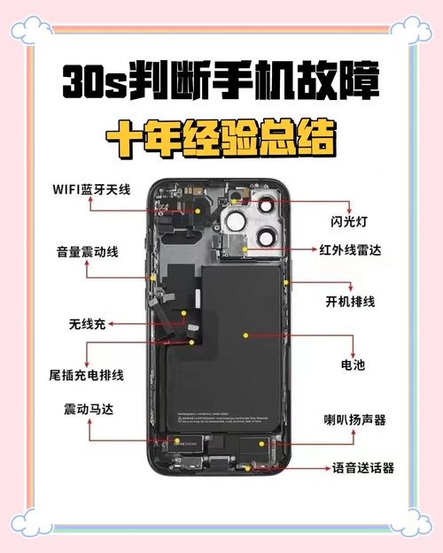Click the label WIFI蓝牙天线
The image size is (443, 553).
coord(90,188)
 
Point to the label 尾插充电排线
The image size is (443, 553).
coord(86,374)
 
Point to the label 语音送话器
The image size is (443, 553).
coord(363,468)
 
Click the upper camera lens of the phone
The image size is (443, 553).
coord(237,220)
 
